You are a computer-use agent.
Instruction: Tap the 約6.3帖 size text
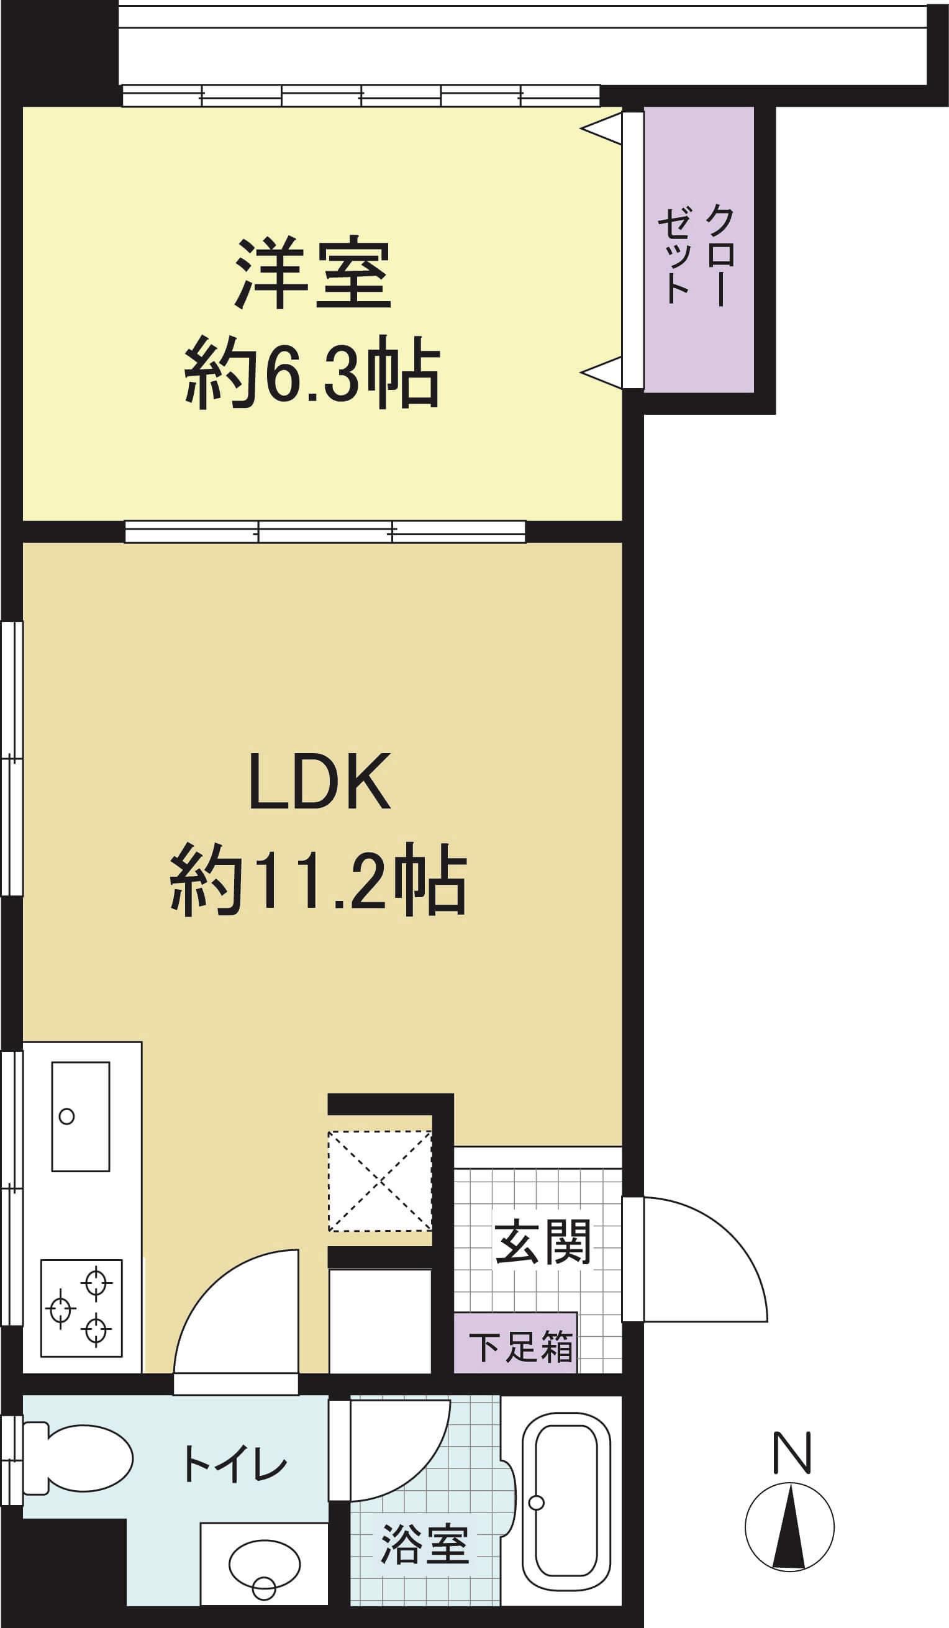312,373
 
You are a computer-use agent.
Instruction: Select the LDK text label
320,781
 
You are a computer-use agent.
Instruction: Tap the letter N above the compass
792,1453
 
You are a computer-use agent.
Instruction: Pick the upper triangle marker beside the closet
601,129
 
